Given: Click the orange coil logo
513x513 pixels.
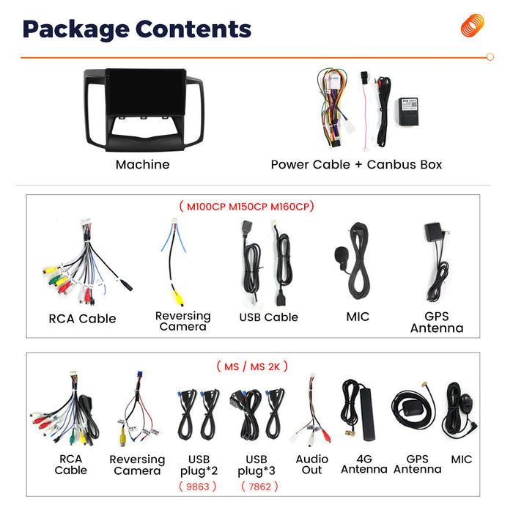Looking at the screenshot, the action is pyautogui.click(x=472, y=25).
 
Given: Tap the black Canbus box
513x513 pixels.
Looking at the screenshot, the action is pyautogui.click(x=409, y=111).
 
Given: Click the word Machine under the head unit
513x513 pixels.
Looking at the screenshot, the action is pyautogui.click(x=143, y=164).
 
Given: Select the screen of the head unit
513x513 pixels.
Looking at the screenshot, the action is pyautogui.click(x=146, y=92).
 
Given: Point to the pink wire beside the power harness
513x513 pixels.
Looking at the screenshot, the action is pyautogui.click(x=364, y=111).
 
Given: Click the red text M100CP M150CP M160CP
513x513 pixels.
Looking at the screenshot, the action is pyautogui.click(x=248, y=207).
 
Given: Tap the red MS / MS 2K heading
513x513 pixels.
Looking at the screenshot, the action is pyautogui.click(x=252, y=366).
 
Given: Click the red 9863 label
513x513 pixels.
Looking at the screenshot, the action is pyautogui.click(x=198, y=487).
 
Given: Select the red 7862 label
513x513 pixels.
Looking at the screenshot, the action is pyautogui.click(x=259, y=487).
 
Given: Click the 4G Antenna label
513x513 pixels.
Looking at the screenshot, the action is pyautogui.click(x=364, y=464).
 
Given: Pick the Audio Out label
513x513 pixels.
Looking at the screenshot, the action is pyautogui.click(x=311, y=464).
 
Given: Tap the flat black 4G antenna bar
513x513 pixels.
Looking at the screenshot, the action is pyautogui.click(x=368, y=414).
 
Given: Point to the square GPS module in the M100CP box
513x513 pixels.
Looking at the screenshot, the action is pyautogui.click(x=434, y=232).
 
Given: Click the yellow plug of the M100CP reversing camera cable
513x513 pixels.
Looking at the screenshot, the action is pyautogui.click(x=178, y=297).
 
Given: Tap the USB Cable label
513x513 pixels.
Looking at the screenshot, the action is pyautogui.click(x=269, y=317).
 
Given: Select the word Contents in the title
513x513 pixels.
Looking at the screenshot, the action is pyautogui.click(x=193, y=29).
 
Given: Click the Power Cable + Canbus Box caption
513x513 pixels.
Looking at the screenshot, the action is pyautogui.click(x=356, y=164).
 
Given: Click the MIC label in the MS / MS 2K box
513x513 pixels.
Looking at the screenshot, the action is pyautogui.click(x=461, y=460).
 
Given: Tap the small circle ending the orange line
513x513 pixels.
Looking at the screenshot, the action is pyautogui.click(x=490, y=57).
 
